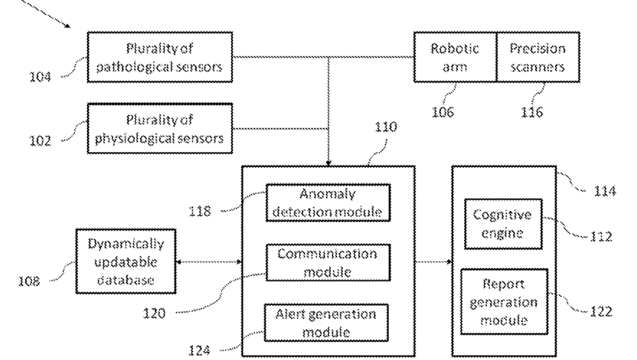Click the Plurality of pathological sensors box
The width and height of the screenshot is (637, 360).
tap(160, 57)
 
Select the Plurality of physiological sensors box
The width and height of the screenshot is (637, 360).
tap(160, 128)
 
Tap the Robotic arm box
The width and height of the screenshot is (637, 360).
tap(455, 57)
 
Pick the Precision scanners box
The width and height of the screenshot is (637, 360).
tap(538, 57)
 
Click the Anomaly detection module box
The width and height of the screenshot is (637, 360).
tap(328, 203)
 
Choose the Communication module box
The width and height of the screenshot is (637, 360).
tap(328, 263)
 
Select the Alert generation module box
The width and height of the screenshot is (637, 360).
tap(326, 323)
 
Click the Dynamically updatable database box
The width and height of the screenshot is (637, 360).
tap(126, 261)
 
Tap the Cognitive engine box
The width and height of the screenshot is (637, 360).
tap(503, 224)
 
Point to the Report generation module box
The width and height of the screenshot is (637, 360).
tap(504, 301)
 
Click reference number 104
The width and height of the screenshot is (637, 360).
tap(40, 76)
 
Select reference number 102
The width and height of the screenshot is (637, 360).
tap(40, 140)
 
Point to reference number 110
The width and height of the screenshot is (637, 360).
tap(385, 127)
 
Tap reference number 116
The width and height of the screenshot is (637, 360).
tap(532, 112)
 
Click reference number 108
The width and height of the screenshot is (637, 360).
tap(29, 281)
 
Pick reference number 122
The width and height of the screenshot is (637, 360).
tap(601, 311)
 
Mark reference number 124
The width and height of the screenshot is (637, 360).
tap(199, 350)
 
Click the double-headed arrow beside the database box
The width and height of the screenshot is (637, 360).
tap(209, 262)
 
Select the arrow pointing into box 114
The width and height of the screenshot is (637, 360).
tap(434, 262)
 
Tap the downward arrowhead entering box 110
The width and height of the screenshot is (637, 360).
tap(328, 163)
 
